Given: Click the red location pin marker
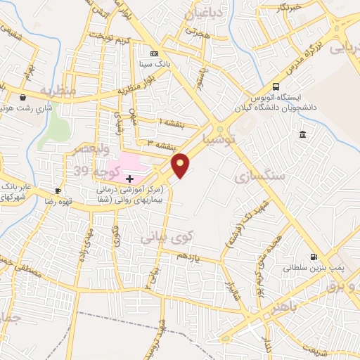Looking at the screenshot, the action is coord(181,165).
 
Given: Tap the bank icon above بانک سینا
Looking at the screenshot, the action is coord(155,53).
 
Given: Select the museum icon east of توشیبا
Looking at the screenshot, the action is coord(302,135).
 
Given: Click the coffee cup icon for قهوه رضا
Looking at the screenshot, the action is coord(58,191).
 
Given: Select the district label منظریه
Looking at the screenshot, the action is coord(57,91).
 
